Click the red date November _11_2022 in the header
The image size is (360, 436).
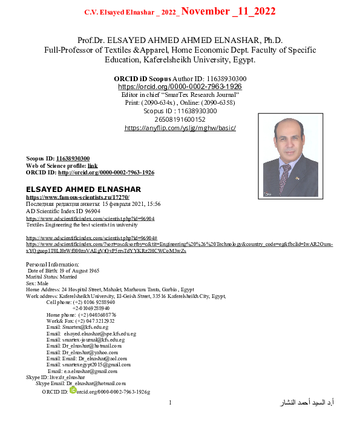(228, 12)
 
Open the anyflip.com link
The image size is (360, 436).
(180, 128)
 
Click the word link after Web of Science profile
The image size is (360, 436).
(93, 165)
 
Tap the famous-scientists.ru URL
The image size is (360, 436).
(77, 197)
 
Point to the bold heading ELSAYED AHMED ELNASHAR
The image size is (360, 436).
(83, 190)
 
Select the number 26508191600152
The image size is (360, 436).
(180, 119)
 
